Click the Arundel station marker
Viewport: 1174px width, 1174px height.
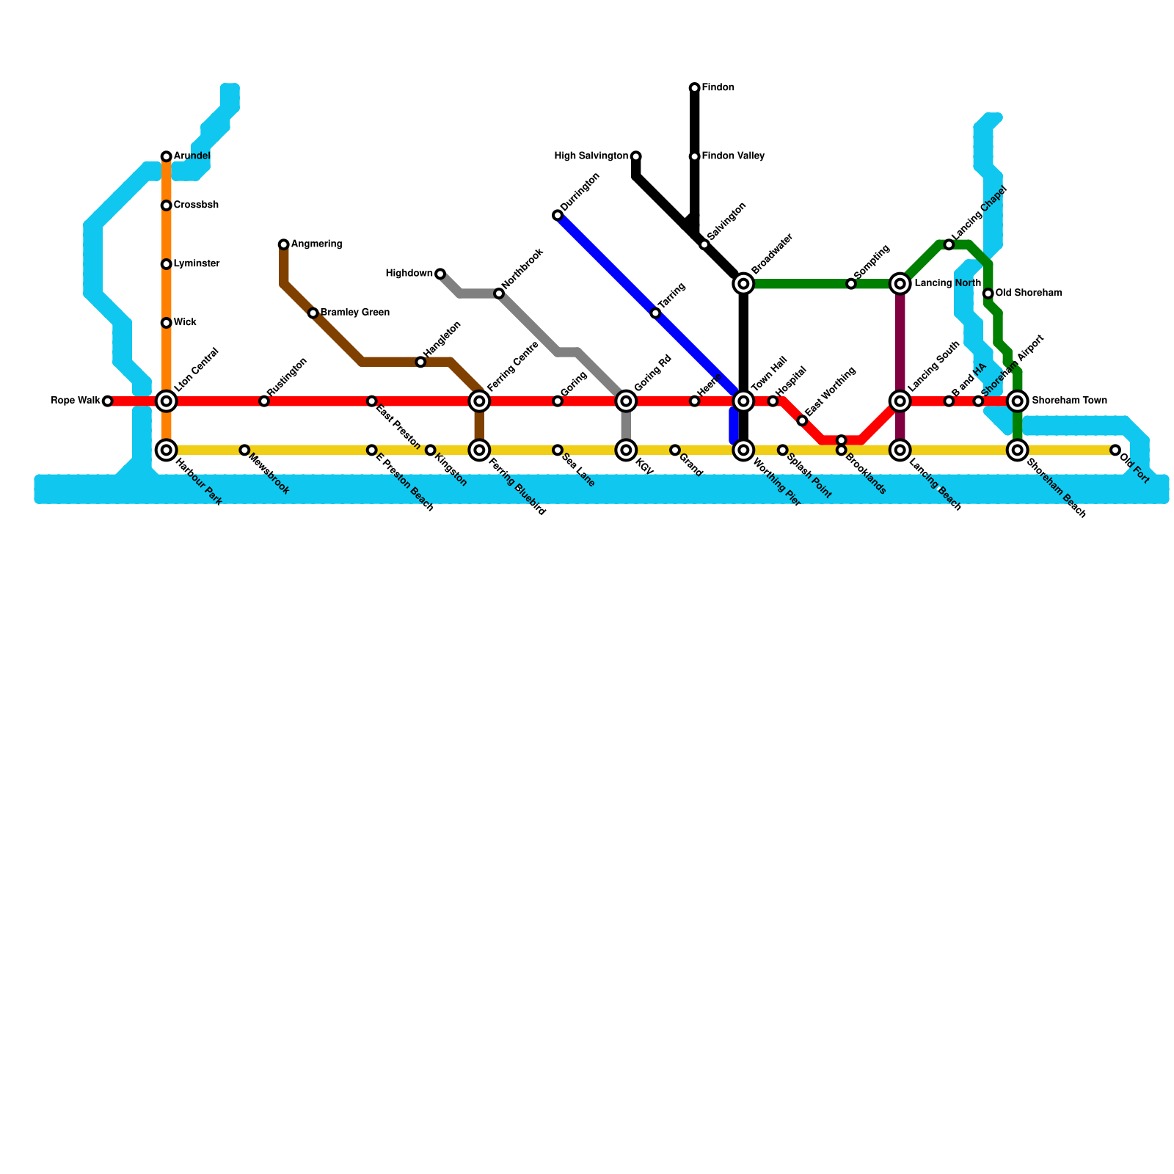(167, 156)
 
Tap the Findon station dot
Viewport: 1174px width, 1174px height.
(694, 88)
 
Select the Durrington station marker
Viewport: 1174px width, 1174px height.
(558, 215)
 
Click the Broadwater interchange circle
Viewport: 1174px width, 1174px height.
(743, 284)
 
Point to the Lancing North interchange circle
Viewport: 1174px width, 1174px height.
(900, 284)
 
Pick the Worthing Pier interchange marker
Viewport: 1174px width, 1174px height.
(743, 450)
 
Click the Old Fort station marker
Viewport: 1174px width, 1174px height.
(1115, 450)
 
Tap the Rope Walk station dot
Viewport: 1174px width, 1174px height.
(108, 401)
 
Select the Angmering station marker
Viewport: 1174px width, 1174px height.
(284, 244)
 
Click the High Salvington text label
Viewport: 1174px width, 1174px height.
(591, 156)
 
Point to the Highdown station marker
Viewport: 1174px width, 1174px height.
(440, 274)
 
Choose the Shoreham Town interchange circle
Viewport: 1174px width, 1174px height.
(1017, 401)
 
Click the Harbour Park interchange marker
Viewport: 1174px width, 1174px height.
(167, 450)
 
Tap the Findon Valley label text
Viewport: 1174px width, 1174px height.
(733, 156)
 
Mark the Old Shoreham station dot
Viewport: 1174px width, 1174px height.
(988, 293)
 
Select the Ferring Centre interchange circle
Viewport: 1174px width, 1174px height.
(479, 401)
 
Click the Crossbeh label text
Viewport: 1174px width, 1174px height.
(196, 205)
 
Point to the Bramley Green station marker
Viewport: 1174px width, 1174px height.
(313, 313)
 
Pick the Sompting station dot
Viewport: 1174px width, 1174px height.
(851, 284)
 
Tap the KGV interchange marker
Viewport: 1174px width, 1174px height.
(626, 450)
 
